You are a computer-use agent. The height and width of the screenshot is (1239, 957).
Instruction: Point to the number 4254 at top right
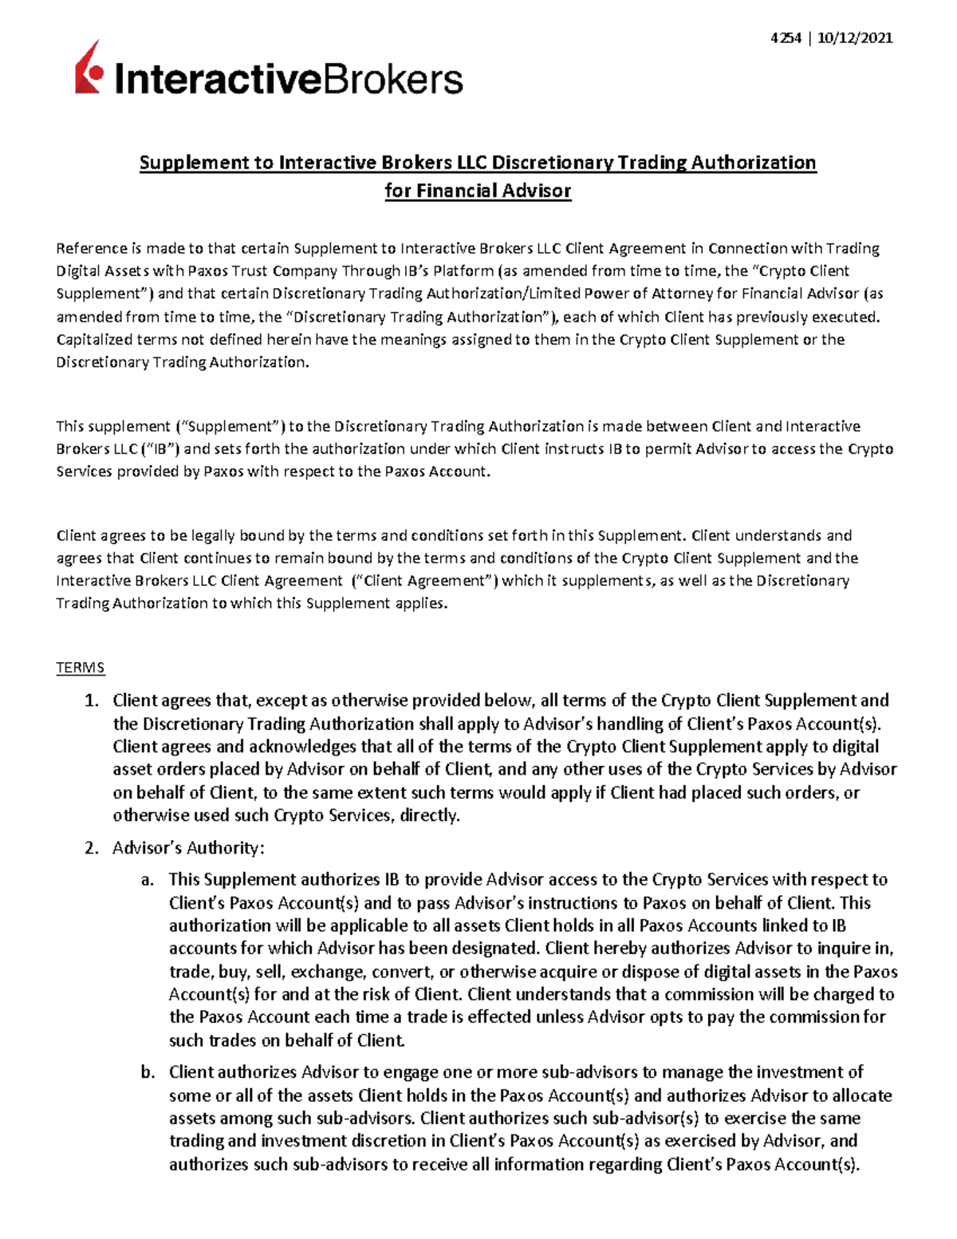click(x=786, y=37)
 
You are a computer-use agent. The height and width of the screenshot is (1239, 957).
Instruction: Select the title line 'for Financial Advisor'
click(x=478, y=191)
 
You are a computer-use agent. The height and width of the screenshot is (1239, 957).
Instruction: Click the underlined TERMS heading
click(x=80, y=668)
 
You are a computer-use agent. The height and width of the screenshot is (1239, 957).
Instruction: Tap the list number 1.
click(x=92, y=701)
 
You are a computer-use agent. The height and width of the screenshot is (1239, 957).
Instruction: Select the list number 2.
click(x=92, y=847)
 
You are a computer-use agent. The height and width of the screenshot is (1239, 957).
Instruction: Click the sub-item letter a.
click(x=146, y=880)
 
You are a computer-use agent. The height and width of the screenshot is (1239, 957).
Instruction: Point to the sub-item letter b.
click(x=147, y=1072)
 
